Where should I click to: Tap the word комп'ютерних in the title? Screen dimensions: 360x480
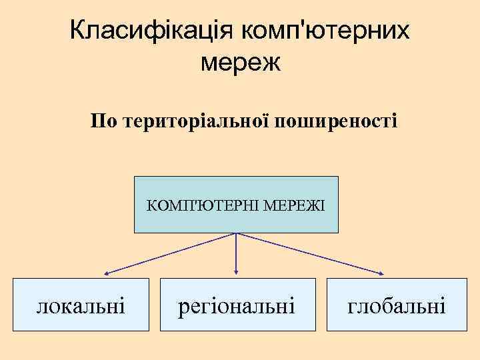[x=326, y=31]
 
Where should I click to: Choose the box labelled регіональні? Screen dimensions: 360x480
[x=237, y=304]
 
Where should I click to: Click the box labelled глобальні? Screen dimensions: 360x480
[x=396, y=304]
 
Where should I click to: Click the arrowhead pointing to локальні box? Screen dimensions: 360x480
[x=106, y=273]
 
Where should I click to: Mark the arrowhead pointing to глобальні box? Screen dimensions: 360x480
[x=382, y=273]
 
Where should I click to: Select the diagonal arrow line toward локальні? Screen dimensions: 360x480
[x=170, y=253]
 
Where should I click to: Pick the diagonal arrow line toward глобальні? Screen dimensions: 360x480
[x=310, y=253]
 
